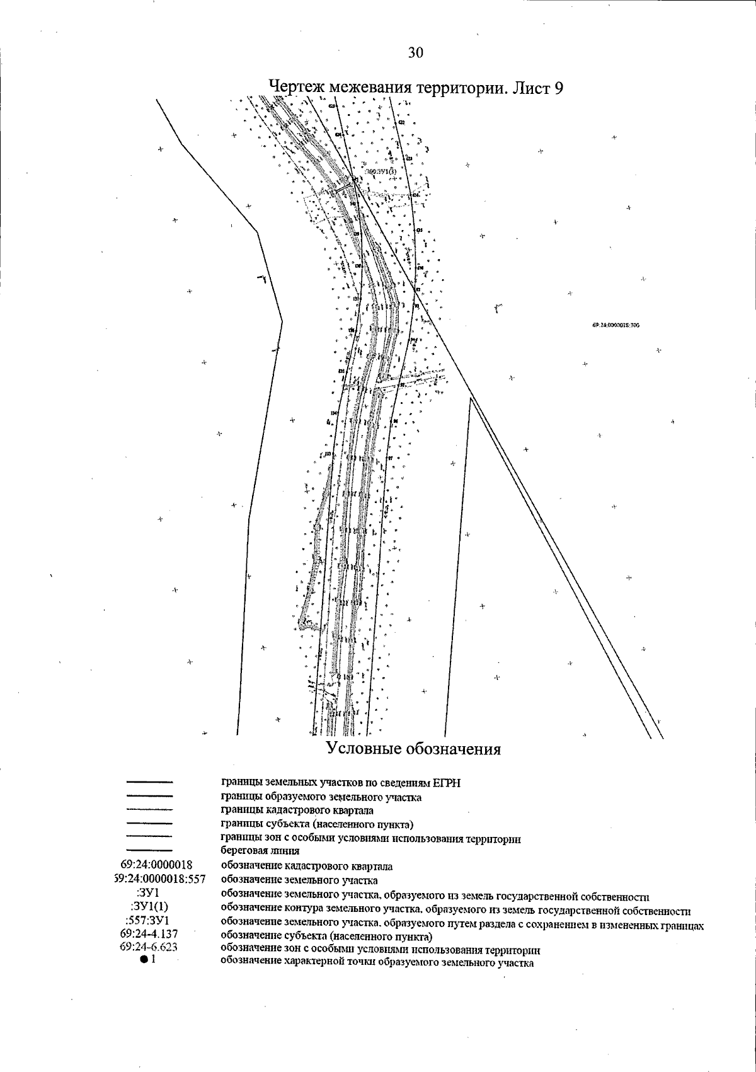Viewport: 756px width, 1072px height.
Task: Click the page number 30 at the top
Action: [416, 53]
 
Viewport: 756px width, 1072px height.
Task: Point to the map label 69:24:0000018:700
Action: [616, 325]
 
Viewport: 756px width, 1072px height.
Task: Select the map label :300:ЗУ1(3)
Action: [381, 171]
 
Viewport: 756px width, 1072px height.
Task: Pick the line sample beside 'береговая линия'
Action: [150, 850]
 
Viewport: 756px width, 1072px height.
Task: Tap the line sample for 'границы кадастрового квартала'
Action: [150, 809]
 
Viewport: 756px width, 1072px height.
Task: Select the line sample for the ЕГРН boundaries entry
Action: [150, 782]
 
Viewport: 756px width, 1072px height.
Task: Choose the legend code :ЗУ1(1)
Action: [149, 907]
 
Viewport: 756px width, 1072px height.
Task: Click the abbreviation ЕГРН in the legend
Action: [447, 783]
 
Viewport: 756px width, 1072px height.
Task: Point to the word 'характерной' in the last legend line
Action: [301, 963]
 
